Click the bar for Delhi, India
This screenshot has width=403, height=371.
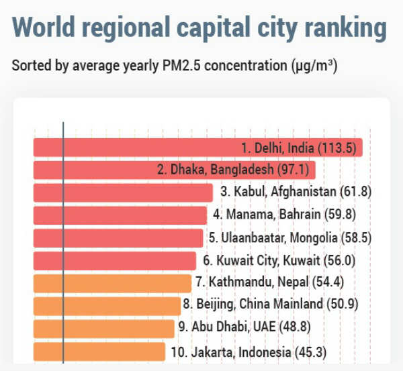pos(134,148)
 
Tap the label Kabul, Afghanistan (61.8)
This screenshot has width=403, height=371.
pos(296,193)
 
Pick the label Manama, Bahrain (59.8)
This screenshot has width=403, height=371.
pos(283,215)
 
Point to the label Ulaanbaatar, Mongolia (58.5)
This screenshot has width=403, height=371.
pos(289,238)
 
